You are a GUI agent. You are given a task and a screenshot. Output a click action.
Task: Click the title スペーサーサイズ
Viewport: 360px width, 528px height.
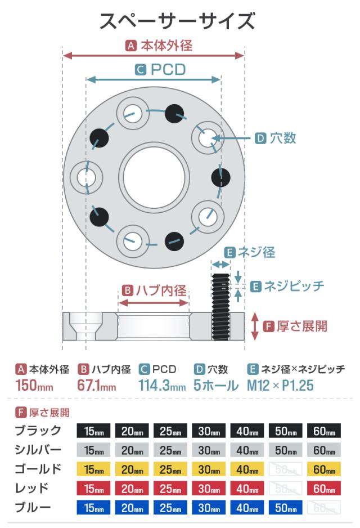[x=177, y=21]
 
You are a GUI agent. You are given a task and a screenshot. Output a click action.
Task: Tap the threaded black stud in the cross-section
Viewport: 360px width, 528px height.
[x=220, y=306]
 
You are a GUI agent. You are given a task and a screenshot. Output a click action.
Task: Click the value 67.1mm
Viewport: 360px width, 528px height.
[x=96, y=387]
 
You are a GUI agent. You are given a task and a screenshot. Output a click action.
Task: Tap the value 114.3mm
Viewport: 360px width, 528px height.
[x=162, y=387]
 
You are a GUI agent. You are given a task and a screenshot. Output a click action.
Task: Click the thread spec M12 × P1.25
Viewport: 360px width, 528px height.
[x=280, y=387]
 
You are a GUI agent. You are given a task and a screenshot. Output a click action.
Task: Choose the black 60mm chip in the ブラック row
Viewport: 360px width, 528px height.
[x=324, y=432]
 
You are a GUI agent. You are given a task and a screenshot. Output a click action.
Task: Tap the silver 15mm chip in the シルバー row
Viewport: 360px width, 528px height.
[x=93, y=450]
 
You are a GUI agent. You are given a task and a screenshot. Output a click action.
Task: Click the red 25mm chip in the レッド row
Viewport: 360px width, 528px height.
[x=170, y=489]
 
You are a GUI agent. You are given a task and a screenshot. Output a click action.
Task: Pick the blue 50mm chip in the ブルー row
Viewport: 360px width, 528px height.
[x=285, y=508]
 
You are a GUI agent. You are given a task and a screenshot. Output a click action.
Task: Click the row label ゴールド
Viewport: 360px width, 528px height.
[x=39, y=469]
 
